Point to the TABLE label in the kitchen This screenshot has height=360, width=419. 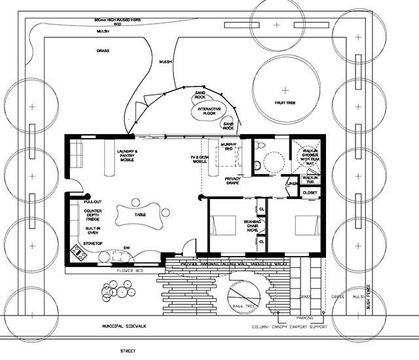139,215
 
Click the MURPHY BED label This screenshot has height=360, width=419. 228,147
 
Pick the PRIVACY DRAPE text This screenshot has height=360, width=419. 234,181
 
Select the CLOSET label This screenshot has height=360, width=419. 310,193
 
